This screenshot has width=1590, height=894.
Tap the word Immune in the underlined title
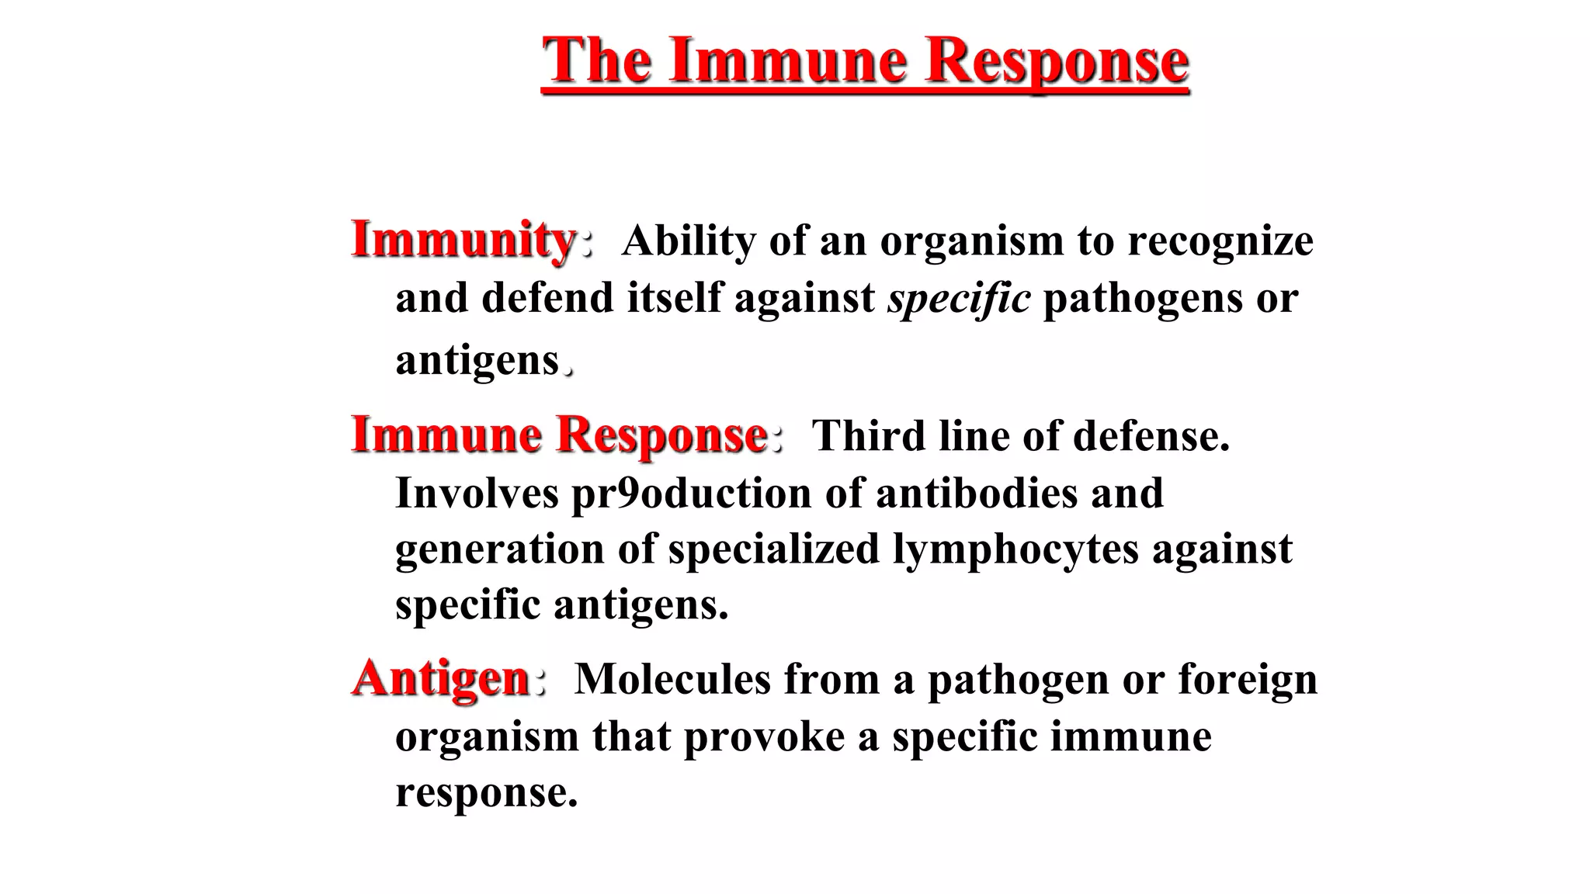coord(788,61)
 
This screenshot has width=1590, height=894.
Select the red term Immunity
coord(463,240)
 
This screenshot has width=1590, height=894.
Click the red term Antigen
coord(441,678)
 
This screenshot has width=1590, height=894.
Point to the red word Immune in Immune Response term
coord(446,435)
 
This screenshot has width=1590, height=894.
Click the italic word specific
coord(959,299)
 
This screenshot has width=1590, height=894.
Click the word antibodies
coord(977,494)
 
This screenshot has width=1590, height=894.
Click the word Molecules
coord(672,679)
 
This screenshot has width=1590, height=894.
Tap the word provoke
coord(763,736)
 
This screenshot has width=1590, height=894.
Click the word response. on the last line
coord(486,792)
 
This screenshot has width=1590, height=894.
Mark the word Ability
coord(689,241)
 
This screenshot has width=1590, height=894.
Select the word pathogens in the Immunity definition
coord(1142,299)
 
